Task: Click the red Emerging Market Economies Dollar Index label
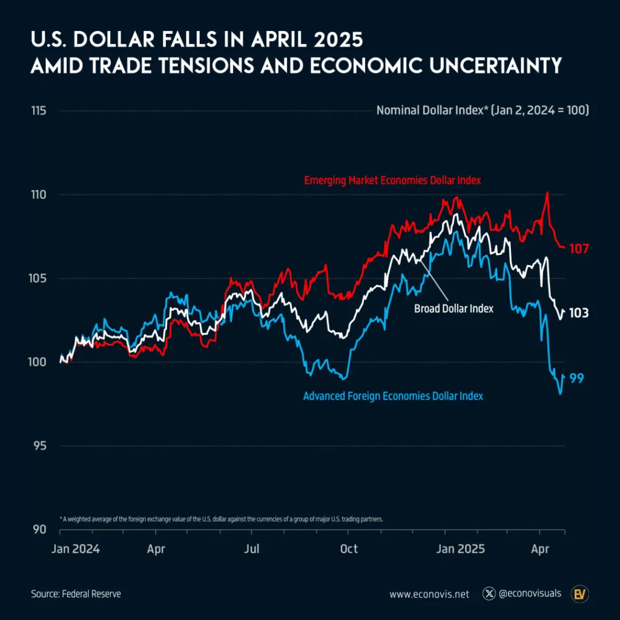(x=392, y=180)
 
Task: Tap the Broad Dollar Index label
(x=453, y=309)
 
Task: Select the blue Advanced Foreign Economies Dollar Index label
(x=393, y=396)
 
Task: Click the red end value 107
(x=579, y=248)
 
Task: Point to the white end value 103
(x=579, y=314)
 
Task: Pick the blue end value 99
(x=576, y=378)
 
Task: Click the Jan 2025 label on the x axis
(x=461, y=549)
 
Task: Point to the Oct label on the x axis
(x=349, y=549)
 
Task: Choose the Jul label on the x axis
(x=252, y=549)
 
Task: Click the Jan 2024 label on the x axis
(x=75, y=549)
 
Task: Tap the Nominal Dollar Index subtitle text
(x=483, y=111)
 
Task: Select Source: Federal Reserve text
(x=76, y=594)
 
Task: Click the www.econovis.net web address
(x=429, y=594)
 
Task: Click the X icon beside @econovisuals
(x=489, y=594)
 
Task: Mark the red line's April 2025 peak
(x=547, y=193)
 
